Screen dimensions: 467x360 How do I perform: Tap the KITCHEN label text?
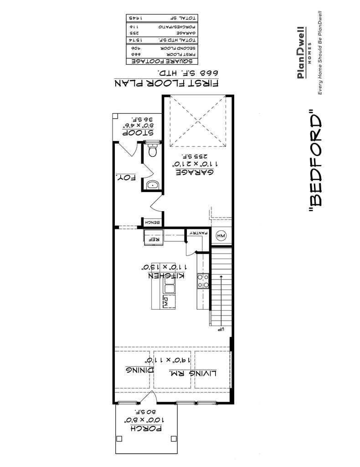[165, 276]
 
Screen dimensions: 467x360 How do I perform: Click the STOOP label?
[137, 133]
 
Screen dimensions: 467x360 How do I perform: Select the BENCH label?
[152, 223]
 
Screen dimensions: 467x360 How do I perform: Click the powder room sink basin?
[152, 185]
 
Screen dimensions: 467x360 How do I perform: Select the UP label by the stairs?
[219, 329]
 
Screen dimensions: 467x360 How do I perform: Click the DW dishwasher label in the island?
[167, 300]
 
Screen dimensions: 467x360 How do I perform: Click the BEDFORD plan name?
[315, 161]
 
